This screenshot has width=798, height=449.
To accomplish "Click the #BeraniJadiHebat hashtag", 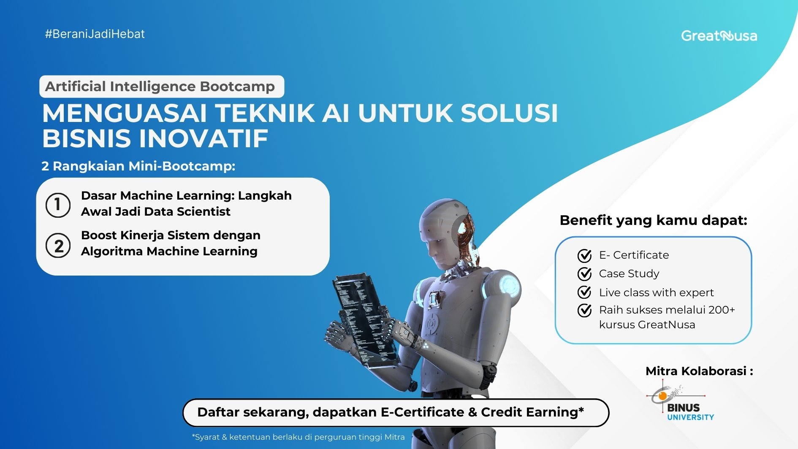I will (95, 34).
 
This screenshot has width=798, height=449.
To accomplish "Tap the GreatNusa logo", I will (719, 36).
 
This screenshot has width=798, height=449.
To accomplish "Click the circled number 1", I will (58, 205).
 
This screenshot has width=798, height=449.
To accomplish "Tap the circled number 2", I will (58, 246).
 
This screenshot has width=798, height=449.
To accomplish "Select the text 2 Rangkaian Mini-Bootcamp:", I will (138, 166).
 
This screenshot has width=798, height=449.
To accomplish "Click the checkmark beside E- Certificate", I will (584, 255).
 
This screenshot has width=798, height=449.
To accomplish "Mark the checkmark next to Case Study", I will (584, 274).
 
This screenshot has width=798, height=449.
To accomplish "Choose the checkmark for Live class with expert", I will (584, 292).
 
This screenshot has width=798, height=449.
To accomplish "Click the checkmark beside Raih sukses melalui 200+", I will (584, 310).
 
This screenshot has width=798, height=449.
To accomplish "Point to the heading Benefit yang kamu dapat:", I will (653, 220).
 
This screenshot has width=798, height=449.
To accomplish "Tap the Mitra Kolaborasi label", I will (699, 371).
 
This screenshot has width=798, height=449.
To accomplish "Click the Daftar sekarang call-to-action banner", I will (395, 412).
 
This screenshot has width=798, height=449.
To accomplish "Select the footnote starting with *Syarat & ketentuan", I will (298, 437).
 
